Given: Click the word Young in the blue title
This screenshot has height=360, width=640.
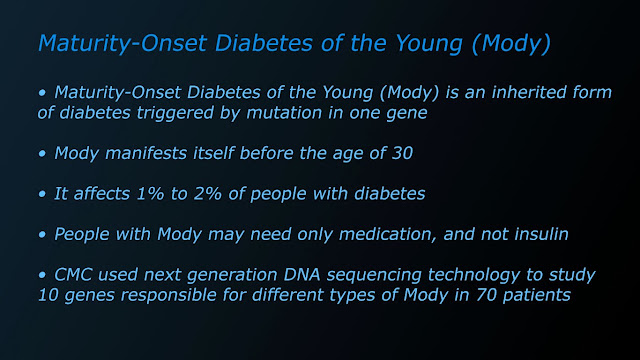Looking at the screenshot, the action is pyautogui.click(x=429, y=44).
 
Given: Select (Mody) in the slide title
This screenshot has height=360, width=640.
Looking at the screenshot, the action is pyautogui.click(x=511, y=44).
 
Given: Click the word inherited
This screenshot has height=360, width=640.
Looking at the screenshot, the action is pyautogui.click(x=529, y=92).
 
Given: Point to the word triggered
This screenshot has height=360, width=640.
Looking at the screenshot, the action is pyautogui.click(x=175, y=113).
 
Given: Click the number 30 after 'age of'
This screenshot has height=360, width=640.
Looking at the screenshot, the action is pyautogui.click(x=402, y=153).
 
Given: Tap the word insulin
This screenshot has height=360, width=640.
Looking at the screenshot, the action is pyautogui.click(x=541, y=234).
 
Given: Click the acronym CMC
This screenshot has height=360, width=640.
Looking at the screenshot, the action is pyautogui.click(x=73, y=275).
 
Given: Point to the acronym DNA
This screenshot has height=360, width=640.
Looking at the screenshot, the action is pyautogui.click(x=302, y=275).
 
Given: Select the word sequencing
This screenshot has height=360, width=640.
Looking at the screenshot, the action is pyautogui.click(x=374, y=276).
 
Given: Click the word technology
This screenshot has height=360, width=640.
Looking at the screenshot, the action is pyautogui.click(x=473, y=276).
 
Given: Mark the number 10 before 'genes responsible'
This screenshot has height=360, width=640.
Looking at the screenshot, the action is pyautogui.click(x=48, y=295).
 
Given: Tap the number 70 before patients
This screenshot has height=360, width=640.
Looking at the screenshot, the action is pyautogui.click(x=486, y=295).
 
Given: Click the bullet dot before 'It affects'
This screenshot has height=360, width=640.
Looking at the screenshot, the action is pyautogui.click(x=42, y=194).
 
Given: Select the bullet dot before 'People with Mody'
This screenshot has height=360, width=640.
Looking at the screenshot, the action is pyautogui.click(x=42, y=235).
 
